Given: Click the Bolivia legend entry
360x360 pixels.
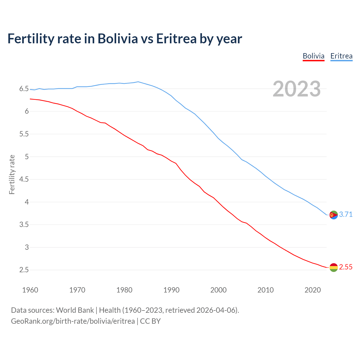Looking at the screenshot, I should tap(313, 56).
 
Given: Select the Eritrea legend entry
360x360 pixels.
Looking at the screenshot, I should tap(341, 56).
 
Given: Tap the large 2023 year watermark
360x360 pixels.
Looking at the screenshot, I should tap(297, 89).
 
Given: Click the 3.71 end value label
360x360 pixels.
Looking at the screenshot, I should tap(346, 214).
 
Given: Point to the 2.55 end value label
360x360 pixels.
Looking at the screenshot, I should tap(346, 267).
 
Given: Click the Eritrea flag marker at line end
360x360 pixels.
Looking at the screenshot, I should tap(334, 215).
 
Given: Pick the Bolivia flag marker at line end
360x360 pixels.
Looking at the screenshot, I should tap(334, 267).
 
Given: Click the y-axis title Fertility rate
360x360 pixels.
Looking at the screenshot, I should tap(12, 174).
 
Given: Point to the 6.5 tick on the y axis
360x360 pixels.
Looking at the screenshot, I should tap(24, 89).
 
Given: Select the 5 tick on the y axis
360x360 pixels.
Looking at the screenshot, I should tap(27, 157).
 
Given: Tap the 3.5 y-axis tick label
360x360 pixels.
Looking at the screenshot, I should tap(24, 225).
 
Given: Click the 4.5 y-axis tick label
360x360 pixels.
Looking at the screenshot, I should tap(24, 179).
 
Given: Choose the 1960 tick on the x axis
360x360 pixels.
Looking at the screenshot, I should tap(30, 290).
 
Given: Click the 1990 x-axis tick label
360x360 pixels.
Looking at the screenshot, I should tap(171, 290).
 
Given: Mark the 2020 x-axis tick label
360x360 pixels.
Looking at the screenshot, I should tap(312, 290).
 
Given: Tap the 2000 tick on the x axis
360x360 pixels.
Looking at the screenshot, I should tap(218, 290).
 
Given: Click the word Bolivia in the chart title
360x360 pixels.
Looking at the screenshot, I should tap(118, 39).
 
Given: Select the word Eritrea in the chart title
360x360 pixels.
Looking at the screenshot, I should tap(176, 39).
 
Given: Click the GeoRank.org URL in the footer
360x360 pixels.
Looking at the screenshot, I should tap(73, 321).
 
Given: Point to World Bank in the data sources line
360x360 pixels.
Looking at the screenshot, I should tap(75, 310).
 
